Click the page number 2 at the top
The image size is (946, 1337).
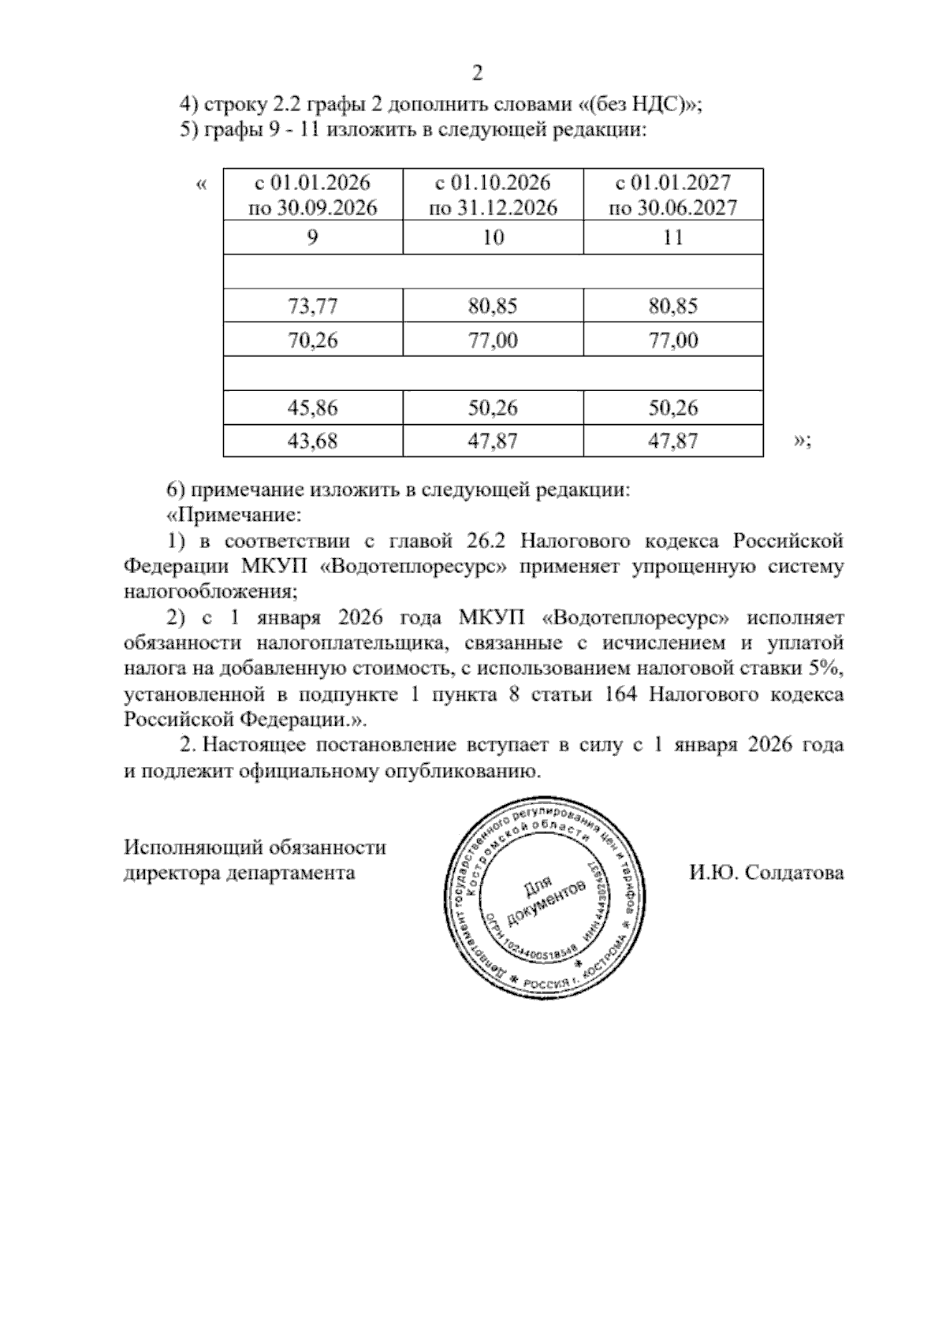477,74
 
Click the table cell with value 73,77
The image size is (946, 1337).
312,306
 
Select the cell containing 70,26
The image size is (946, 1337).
312,341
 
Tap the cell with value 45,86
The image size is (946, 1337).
312,408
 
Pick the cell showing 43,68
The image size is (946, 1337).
312,441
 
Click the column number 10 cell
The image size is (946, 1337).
493,237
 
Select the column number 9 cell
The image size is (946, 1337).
312,237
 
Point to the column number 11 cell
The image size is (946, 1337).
673,237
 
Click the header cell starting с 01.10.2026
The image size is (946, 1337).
493,195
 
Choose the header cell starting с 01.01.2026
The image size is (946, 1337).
312,195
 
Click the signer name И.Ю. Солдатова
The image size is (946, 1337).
765,873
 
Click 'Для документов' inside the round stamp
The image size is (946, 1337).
549,902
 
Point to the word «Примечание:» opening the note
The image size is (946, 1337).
234,516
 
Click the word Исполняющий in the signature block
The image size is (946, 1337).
192,847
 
